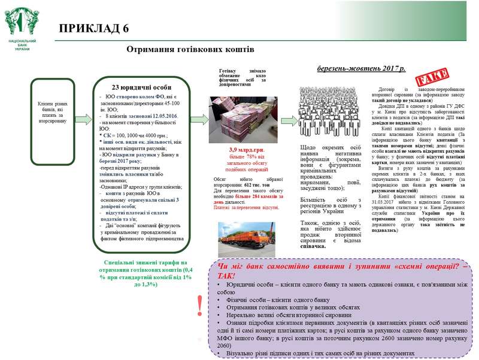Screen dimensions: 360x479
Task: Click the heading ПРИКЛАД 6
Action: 93,29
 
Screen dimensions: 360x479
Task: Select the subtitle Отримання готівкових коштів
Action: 190,50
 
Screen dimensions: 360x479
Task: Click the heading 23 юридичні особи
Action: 141,86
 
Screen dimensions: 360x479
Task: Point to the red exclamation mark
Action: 199,305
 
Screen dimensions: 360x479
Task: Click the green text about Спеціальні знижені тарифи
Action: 141,273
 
